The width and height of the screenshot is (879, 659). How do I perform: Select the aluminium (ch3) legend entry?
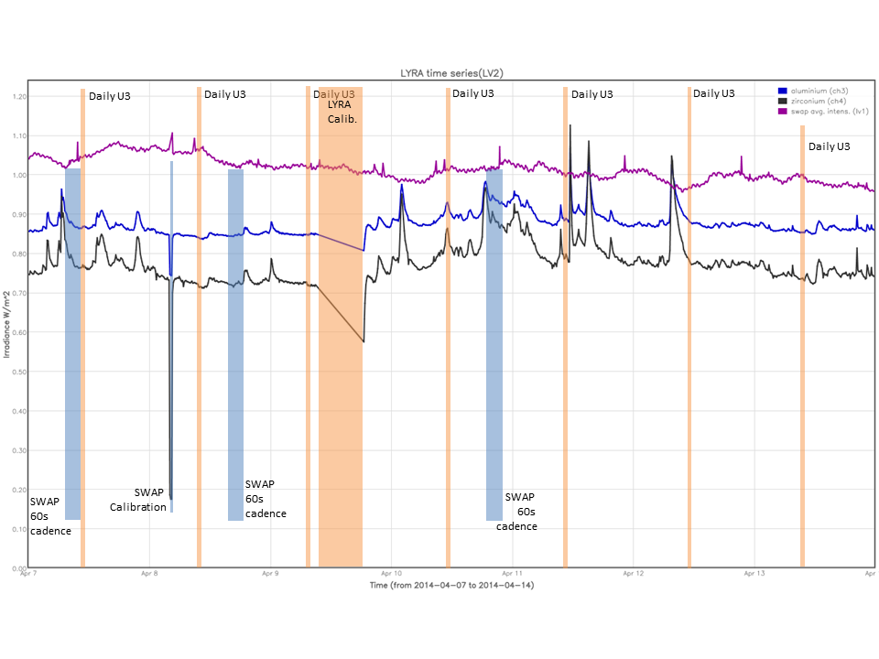point(814,91)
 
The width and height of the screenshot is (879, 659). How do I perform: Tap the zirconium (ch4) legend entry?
point(814,101)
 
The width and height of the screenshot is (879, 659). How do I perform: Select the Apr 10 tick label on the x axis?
point(391,575)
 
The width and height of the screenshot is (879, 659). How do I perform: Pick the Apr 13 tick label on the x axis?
point(754,575)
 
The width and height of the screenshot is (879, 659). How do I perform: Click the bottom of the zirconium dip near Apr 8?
point(171,498)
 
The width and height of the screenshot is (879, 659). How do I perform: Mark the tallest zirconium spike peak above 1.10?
point(570,125)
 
